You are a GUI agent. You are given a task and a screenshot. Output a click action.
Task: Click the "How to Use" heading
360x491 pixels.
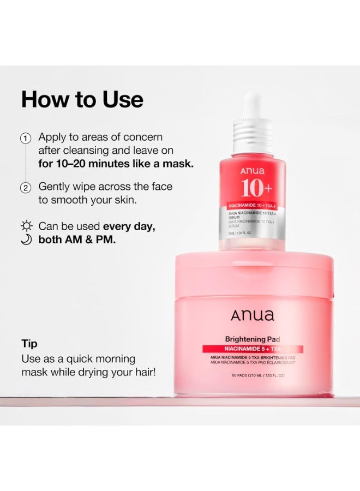coord(82,100)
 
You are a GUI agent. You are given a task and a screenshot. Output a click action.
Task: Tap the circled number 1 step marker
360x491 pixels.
coord(26,138)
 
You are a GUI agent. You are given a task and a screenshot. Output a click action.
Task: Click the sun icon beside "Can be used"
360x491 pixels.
coord(26,226)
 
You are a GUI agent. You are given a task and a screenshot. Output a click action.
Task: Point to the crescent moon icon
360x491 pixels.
coord(26,239)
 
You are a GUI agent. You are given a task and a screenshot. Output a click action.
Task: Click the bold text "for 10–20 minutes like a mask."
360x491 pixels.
coord(116,163)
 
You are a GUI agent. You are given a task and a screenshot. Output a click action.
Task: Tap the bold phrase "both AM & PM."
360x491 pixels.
coord(77,239)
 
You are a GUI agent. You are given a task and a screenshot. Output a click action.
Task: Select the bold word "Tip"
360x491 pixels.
coord(29,344)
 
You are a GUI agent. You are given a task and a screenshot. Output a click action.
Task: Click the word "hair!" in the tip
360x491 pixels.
coord(143,373)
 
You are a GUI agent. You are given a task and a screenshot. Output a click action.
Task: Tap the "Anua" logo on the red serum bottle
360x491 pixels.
coord(252,171)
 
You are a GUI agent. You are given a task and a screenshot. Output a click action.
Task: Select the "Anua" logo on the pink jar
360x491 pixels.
coord(252,315)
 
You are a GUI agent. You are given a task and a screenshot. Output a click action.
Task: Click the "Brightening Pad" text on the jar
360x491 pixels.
coord(253,339)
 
